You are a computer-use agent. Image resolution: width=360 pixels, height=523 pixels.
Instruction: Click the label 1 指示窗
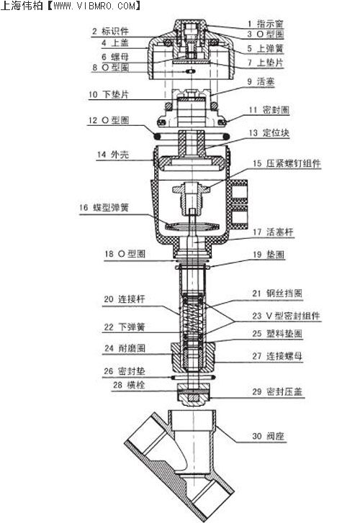(x=266, y=24)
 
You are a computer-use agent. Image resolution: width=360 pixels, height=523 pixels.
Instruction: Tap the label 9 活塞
(x=261, y=81)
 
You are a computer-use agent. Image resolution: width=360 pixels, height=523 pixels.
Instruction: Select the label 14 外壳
(x=113, y=155)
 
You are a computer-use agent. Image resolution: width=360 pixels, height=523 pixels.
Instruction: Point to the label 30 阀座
(x=268, y=436)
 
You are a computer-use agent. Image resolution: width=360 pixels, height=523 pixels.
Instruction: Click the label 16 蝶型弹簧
(x=104, y=207)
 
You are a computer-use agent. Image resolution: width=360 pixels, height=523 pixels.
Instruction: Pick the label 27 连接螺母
(x=277, y=356)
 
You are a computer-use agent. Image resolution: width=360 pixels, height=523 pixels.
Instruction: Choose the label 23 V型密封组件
(x=286, y=316)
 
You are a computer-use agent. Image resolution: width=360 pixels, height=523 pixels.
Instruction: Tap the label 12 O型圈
(x=108, y=120)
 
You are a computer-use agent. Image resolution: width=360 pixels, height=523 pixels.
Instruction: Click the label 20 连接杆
(x=125, y=299)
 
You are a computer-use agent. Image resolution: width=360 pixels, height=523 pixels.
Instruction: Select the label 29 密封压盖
(x=277, y=391)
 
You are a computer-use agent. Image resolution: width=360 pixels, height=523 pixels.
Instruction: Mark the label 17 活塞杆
(x=273, y=232)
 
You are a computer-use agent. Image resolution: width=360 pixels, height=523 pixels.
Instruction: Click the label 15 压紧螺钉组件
(x=287, y=163)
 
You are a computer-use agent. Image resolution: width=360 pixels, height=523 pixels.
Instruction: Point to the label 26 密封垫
(x=125, y=371)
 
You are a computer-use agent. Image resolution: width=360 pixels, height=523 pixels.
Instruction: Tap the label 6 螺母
(x=115, y=56)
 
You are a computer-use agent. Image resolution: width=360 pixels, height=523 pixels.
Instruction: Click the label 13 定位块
(x=269, y=133)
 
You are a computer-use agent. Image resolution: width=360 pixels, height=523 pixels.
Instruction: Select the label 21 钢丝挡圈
(x=277, y=294)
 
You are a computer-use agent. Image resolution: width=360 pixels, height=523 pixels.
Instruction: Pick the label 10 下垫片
(x=108, y=94)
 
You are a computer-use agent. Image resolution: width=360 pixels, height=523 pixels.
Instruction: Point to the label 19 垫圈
(x=269, y=255)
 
